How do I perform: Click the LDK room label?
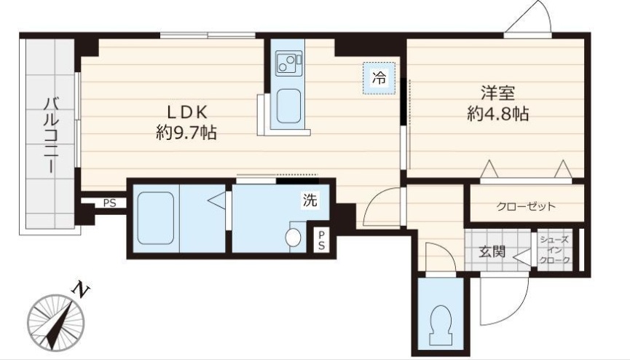187,113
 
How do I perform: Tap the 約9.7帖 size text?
186,133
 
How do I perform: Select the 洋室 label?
498,93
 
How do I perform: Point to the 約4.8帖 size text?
497,114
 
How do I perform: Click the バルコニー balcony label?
51,135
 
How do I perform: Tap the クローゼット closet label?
526,207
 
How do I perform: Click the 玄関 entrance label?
492,252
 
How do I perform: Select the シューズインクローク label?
554,250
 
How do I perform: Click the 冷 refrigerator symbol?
379,78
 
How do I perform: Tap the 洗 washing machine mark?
310,200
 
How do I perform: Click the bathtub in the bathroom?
155,218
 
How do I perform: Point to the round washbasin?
293,237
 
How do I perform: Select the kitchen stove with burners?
288,63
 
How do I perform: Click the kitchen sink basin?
288,106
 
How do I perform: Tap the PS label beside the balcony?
109,203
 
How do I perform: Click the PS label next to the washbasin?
321,240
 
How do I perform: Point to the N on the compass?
80,289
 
